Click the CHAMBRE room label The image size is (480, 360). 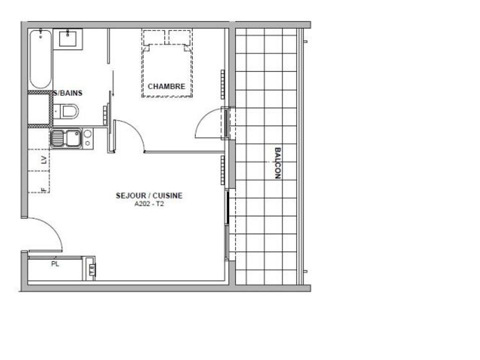click(166, 86)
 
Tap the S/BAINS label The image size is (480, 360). click(68, 93)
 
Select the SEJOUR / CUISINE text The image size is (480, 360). click(149, 195)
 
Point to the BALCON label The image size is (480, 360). click(277, 163)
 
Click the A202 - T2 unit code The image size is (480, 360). click(149, 204)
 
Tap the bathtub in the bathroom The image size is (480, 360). click(40, 59)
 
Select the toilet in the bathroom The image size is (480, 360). click(66, 111)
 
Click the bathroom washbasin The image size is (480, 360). click(67, 39)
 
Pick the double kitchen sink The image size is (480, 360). click(66, 138)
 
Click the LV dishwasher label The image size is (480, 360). click(44, 160)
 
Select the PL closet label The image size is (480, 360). click(55, 264)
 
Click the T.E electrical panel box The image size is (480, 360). click(91, 268)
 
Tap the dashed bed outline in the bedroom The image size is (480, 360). click(167, 63)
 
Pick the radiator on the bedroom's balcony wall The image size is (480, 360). click(222, 84)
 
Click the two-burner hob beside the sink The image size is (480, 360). click(88, 138)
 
